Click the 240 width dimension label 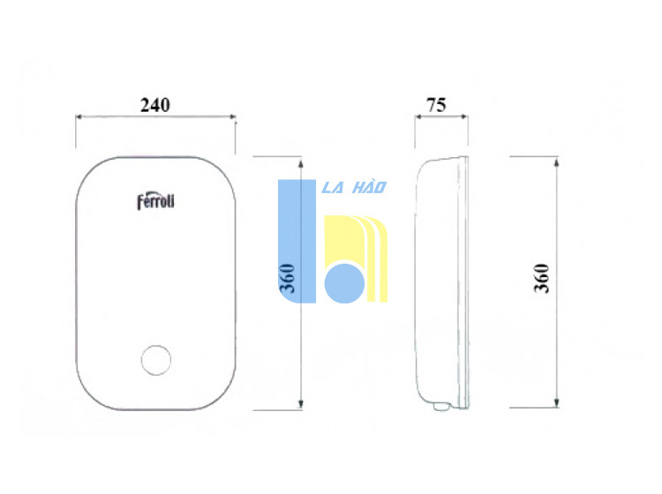(x=155, y=105)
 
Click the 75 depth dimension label (x=436, y=105)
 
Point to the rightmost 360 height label (x=542, y=278)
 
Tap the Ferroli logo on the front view (x=155, y=202)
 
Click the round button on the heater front (x=156, y=360)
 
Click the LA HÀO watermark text (x=354, y=187)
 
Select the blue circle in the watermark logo (x=344, y=283)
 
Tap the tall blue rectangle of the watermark (x=297, y=241)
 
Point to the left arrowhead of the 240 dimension (x=79, y=116)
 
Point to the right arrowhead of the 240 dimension (x=232, y=116)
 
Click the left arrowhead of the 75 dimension (x=418, y=116)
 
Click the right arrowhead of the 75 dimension (x=464, y=116)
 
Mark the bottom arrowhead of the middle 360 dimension (x=301, y=404)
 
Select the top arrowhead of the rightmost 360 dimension (x=556, y=161)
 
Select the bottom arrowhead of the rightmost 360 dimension (x=556, y=402)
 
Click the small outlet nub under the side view (x=441, y=407)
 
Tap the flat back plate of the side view (x=464, y=281)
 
